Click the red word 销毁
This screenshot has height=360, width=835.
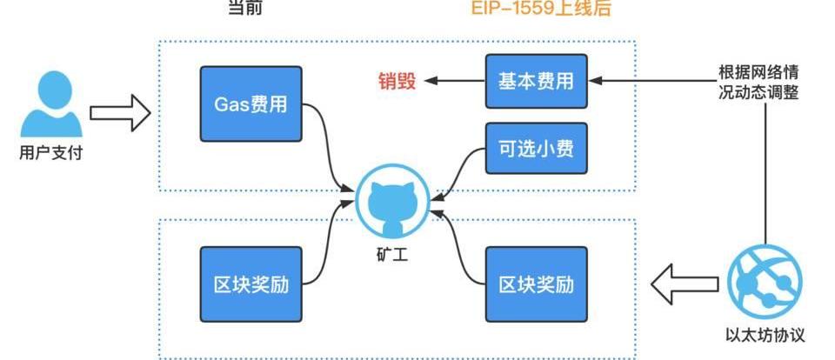pyautogui.click(x=397, y=82)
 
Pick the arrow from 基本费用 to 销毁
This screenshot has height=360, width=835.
pyautogui.click(x=452, y=82)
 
